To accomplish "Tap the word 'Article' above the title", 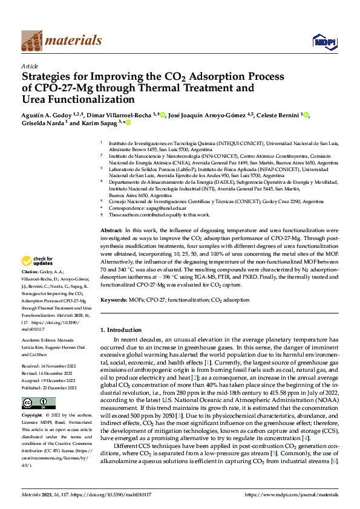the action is click(x=30, y=66).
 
